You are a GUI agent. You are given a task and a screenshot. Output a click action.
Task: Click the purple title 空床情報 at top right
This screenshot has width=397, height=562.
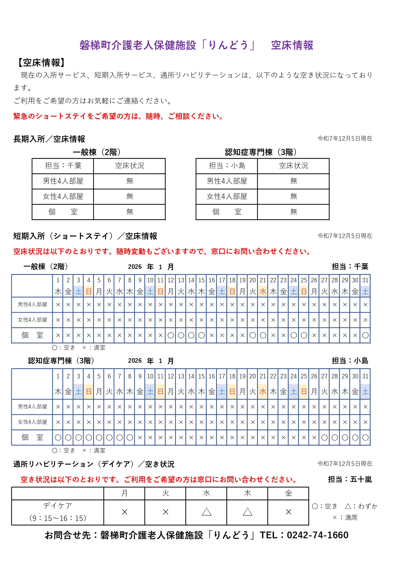coord(292,45)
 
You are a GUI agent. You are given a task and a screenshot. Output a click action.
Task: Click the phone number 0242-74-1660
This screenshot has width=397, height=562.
coord(317,535)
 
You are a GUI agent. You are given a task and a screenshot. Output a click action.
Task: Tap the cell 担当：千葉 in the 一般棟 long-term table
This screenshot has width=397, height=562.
coord(63,166)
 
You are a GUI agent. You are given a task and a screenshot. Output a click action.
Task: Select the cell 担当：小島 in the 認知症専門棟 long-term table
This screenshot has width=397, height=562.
coord(227,166)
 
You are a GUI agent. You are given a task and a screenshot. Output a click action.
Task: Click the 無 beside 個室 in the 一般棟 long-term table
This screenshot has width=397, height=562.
coord(130,212)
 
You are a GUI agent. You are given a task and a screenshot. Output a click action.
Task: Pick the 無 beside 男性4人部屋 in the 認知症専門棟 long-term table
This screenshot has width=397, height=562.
coord(294,181)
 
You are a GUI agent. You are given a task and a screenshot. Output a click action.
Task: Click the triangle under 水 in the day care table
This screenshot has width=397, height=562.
coord(207,512)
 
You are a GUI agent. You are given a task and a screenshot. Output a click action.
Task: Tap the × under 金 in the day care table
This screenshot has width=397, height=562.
coord(288,512)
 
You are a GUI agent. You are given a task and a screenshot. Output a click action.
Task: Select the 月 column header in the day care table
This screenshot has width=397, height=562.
coord(125,493)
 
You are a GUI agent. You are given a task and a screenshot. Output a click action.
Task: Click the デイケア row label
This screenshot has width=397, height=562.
coord(58,512)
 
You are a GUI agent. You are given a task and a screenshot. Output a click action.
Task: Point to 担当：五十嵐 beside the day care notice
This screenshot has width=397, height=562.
coord(350,479)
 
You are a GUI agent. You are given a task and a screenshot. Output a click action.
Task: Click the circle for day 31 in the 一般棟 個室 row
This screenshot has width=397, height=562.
coord(365,335)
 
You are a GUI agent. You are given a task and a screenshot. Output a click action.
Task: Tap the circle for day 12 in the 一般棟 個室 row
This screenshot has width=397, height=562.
coord(171,335)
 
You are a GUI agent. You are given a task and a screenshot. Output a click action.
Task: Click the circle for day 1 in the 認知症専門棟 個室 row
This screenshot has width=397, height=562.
coord(58,438)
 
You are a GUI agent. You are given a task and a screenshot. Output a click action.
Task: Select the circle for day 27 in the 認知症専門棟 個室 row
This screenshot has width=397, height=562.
coord(324,438)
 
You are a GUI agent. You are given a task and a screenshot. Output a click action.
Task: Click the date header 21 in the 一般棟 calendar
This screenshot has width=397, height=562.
coord(263,280)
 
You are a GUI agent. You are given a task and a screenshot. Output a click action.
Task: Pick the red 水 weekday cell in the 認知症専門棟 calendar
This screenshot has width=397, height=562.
coord(263,392)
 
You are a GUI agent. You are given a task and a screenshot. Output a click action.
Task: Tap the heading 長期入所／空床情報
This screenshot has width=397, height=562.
coord(49,139)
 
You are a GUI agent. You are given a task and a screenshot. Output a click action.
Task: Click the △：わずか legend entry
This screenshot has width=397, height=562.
coord(361,506)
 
